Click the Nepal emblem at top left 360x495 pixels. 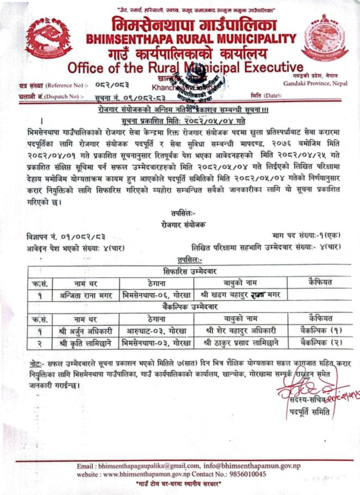[48, 39]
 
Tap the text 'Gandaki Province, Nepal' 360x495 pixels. [315, 83]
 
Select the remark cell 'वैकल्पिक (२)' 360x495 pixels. [320, 343]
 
